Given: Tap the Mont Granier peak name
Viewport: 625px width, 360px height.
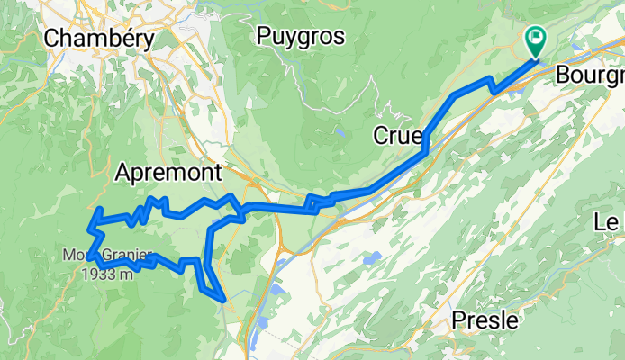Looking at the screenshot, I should (x=108, y=256).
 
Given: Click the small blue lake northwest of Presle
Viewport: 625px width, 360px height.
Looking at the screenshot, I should (x=368, y=258).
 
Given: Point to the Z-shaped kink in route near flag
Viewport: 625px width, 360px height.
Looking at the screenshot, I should (x=492, y=86).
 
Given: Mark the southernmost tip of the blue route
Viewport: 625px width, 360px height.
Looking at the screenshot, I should (x=222, y=297).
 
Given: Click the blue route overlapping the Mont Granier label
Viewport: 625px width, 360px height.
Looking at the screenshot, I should (x=94, y=257).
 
